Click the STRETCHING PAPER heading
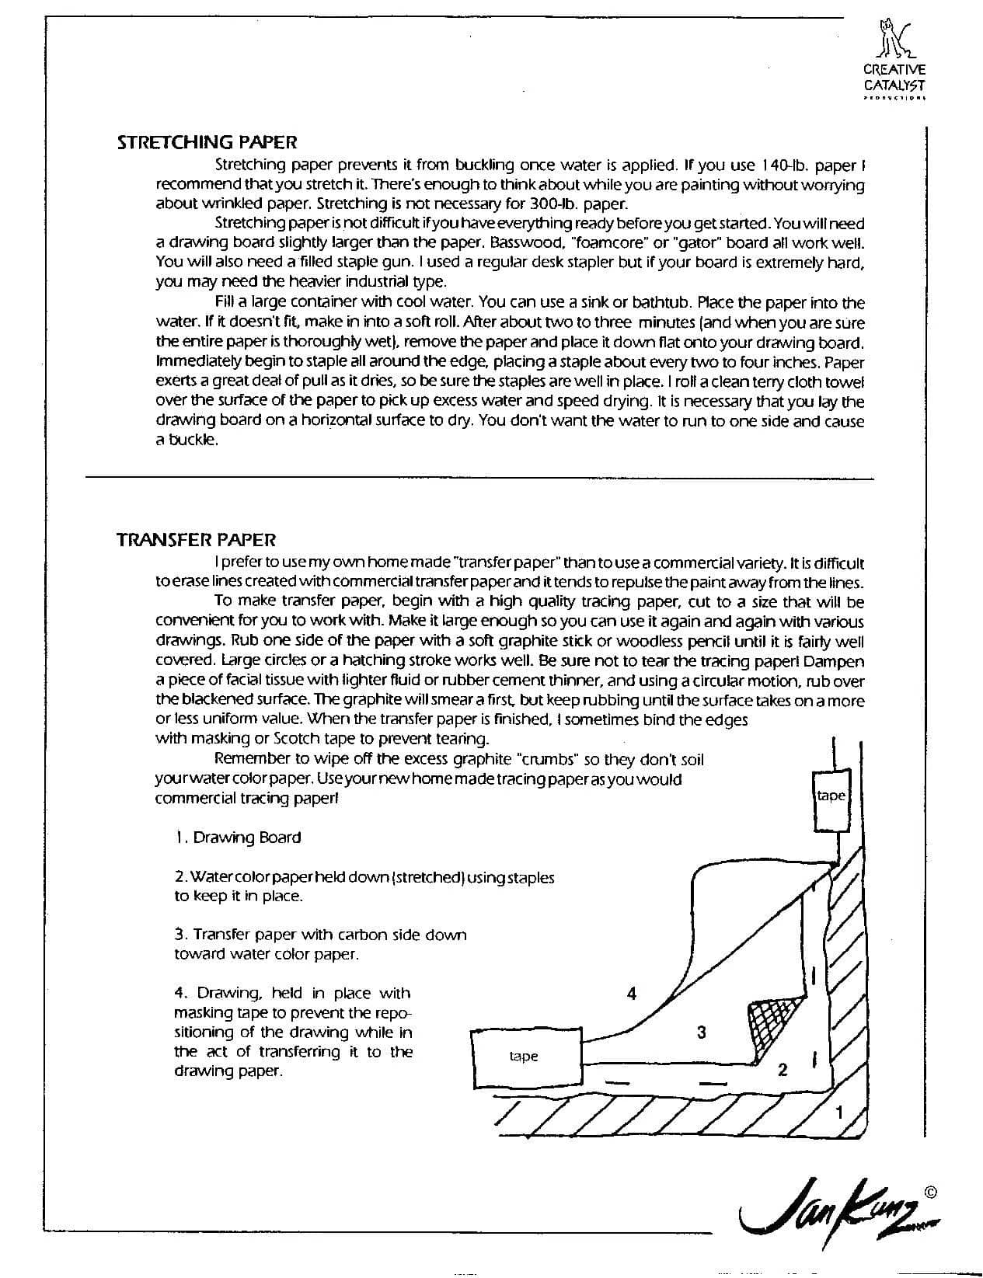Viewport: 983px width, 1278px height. point(207,142)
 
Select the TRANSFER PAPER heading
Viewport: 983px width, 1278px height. point(196,540)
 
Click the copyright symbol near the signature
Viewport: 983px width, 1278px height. point(930,1190)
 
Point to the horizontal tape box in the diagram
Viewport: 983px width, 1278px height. point(525,1057)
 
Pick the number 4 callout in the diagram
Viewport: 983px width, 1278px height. point(633,993)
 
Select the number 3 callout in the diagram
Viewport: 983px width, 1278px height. point(702,1032)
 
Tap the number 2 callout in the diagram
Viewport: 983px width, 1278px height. point(783,1070)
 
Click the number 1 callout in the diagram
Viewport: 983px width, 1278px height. point(838,1112)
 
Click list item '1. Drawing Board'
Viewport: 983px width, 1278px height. point(239,837)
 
